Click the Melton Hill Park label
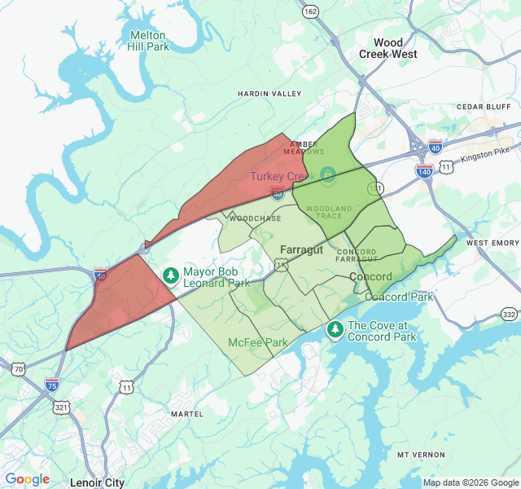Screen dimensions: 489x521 [147, 41]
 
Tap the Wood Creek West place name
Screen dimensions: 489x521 [388, 48]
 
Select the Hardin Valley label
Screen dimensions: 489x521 [269, 95]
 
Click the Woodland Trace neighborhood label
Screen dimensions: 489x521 [329, 213]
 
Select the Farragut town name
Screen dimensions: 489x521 [301, 249]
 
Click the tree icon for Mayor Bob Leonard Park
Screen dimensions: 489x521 [171, 276]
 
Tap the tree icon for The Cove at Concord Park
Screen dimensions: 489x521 [335, 330]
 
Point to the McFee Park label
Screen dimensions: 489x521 [258, 342]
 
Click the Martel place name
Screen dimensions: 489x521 [187, 414]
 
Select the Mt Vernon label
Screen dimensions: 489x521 [421, 454]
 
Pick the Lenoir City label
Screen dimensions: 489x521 [98, 482]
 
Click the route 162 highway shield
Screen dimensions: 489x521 [310, 12]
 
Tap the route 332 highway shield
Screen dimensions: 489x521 [509, 314]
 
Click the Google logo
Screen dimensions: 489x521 [27, 479]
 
